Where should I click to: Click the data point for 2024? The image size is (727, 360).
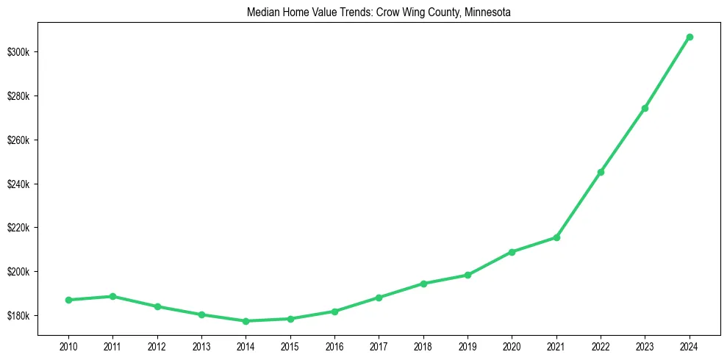[690, 37]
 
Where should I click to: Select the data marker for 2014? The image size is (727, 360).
[246, 321]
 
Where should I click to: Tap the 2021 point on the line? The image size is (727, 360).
[556, 237]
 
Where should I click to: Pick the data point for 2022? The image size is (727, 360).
[601, 172]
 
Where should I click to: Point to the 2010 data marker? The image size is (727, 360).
[68, 300]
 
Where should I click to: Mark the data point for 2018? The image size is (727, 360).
[423, 284]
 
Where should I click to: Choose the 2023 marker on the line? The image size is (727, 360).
[645, 108]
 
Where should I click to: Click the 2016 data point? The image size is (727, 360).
[334, 312]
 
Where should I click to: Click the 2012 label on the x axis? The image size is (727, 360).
[157, 346]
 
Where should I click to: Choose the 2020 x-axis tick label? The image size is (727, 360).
[512, 346]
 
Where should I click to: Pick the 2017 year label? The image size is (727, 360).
[379, 346]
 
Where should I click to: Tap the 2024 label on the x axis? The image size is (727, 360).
[690, 346]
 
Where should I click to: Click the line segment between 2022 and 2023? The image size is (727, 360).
[623, 140]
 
